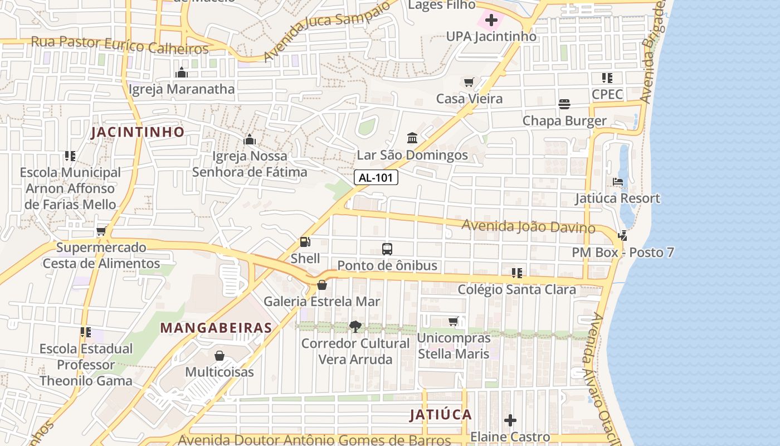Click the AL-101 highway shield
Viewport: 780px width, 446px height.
[376, 178]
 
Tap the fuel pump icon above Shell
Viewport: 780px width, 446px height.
[305, 242]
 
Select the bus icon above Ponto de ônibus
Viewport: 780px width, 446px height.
[387, 249]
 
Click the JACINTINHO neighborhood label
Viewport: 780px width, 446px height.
[138, 132]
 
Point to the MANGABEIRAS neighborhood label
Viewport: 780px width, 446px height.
[216, 328]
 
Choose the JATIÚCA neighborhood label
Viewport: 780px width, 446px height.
[441, 415]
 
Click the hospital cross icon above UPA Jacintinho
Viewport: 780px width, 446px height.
[491, 21]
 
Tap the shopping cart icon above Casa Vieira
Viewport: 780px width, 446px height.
[469, 83]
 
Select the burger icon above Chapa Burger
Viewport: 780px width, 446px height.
[564, 104]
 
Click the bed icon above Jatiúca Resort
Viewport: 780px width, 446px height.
[617, 182]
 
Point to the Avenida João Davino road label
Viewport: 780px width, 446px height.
[529, 226]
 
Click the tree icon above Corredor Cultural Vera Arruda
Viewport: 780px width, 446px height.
[355, 327]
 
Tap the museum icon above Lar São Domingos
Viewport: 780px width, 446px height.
[412, 138]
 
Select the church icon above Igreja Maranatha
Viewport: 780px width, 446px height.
[182, 72]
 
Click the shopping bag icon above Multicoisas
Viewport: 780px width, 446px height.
[220, 356]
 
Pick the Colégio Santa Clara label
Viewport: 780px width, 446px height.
[516, 290]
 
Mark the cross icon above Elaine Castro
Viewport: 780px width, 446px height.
[510, 420]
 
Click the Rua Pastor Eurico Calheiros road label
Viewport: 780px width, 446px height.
[120, 45]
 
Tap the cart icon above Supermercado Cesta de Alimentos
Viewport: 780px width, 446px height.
[101, 231]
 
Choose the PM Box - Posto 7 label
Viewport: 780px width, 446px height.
[623, 253]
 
